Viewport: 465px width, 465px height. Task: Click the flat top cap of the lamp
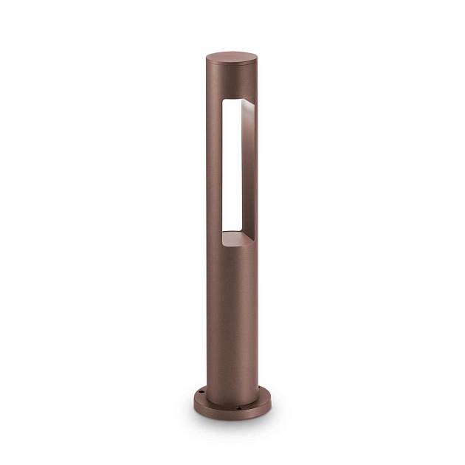point(232,57)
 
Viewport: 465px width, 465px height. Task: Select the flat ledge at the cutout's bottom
point(237,238)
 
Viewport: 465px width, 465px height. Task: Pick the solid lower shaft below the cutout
point(232,317)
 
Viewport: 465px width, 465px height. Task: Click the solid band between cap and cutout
point(232,83)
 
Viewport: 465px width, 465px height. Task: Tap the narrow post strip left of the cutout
point(214,170)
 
